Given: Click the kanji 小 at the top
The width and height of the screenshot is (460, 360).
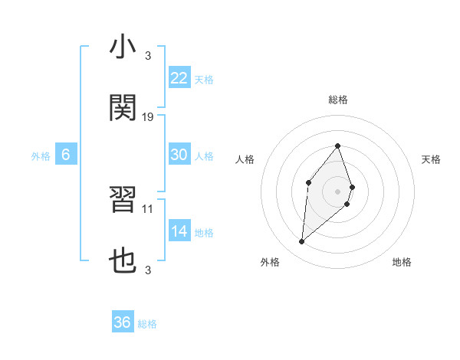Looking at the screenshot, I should click(123, 47).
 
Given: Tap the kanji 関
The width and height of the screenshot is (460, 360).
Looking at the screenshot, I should click(123, 107).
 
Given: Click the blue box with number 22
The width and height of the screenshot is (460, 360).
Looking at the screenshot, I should click(179, 78).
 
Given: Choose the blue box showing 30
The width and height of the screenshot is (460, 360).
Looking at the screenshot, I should click(179, 155).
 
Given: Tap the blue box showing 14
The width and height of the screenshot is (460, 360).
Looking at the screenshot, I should click(179, 232).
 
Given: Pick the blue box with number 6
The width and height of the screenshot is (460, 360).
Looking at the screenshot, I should click(66, 155).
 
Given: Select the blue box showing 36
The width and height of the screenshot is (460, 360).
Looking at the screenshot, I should click(123, 322).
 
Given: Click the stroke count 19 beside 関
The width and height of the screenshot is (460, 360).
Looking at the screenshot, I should click(148, 117).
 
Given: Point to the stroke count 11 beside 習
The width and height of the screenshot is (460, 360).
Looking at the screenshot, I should click(148, 208).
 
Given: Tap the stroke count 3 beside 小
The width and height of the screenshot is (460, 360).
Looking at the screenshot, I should click(147, 56).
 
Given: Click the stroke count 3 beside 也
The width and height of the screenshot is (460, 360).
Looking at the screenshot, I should click(147, 270).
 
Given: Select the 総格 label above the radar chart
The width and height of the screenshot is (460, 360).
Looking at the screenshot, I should click(338, 100).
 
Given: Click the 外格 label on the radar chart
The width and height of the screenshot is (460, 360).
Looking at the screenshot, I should click(270, 262).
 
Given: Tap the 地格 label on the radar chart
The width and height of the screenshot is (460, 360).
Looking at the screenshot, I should click(402, 262).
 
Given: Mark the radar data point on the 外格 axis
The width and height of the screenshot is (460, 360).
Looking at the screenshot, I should click(302, 242).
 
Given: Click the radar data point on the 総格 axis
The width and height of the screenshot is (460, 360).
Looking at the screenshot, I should click(338, 146).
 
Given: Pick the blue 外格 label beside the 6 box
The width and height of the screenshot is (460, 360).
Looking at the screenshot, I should click(41, 155).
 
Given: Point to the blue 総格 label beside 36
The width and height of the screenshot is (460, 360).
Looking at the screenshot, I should click(147, 323).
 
